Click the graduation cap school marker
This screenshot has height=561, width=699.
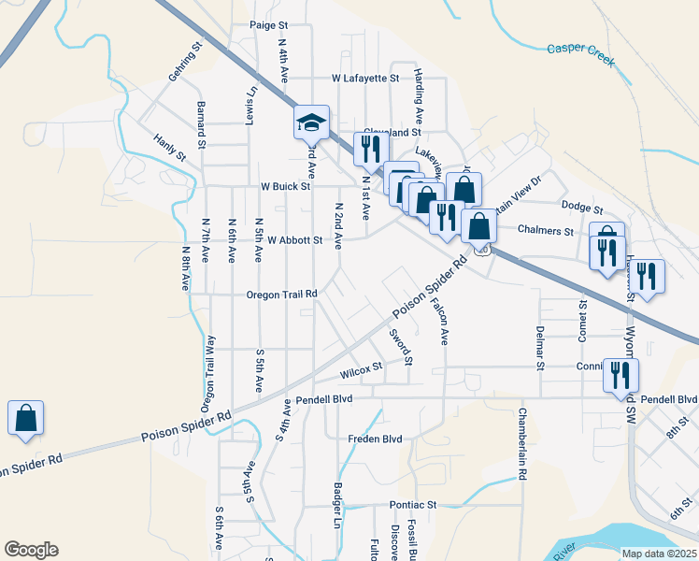tap(312, 122)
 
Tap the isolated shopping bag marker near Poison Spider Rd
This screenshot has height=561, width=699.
tap(25, 418)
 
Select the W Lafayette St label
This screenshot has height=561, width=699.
tap(364, 79)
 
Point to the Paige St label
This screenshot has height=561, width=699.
tap(269, 26)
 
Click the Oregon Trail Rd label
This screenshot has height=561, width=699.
tap(282, 295)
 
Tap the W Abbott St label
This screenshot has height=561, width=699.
tap(294, 240)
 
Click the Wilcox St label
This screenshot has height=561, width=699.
tap(362, 372)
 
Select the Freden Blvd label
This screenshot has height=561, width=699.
tap(375, 439)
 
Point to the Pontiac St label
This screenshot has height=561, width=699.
tap(413, 505)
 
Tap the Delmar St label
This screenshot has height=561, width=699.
tap(540, 348)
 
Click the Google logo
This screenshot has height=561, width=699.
tap(32, 550)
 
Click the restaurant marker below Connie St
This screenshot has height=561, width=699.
tap(621, 376)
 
